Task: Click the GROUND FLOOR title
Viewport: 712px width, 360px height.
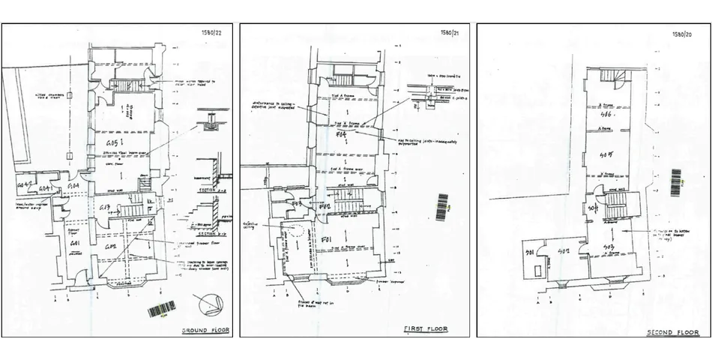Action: pos(205,330)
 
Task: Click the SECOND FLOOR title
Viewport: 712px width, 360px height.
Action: pos(673,331)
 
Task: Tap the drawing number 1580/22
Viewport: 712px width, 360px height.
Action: pos(213,32)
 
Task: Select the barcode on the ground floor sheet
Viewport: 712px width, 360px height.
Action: pos(161,309)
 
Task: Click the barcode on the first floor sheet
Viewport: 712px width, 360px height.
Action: pos(441,206)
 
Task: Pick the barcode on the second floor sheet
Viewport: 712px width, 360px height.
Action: pos(676,182)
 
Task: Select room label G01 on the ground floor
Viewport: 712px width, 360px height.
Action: pos(75,245)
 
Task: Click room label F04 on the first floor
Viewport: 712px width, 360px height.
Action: pos(342,134)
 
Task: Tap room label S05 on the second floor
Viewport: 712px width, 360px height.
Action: pos(609,155)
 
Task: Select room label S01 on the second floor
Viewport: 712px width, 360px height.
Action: pos(528,252)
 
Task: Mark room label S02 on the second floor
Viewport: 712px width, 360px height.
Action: pos(564,251)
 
